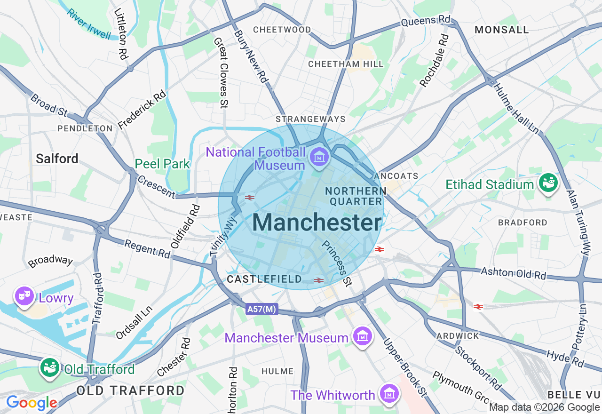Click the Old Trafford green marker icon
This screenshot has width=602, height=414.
(49, 368)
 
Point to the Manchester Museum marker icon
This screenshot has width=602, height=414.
(363, 336)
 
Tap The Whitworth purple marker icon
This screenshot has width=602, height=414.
(389, 394)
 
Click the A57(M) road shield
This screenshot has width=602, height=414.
(262, 309)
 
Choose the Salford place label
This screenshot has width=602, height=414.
(57, 159)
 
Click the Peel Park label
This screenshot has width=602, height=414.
(162, 164)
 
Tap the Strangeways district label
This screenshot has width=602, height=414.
(310, 119)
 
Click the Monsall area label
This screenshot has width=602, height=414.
(502, 30)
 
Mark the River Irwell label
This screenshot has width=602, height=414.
(88, 24)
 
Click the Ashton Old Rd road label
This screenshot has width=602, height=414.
(513, 273)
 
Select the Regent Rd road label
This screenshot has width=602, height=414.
(147, 248)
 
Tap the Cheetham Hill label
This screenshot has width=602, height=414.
(346, 64)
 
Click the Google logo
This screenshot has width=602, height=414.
(32, 403)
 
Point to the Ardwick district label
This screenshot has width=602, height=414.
(458, 336)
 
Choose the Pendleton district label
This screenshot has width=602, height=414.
(85, 128)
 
